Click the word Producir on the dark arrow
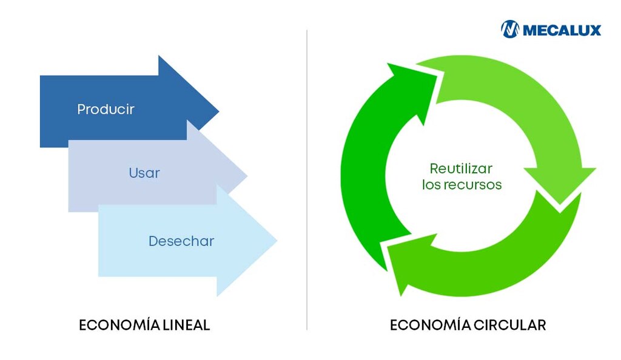tap(106, 110)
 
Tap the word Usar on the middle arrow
tap(144, 173)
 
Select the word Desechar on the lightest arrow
tap(181, 241)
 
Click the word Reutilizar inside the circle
tap(461, 168)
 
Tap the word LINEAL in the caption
tap(186, 325)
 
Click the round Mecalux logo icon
tap(510, 29)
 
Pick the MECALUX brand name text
tap(562, 30)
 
